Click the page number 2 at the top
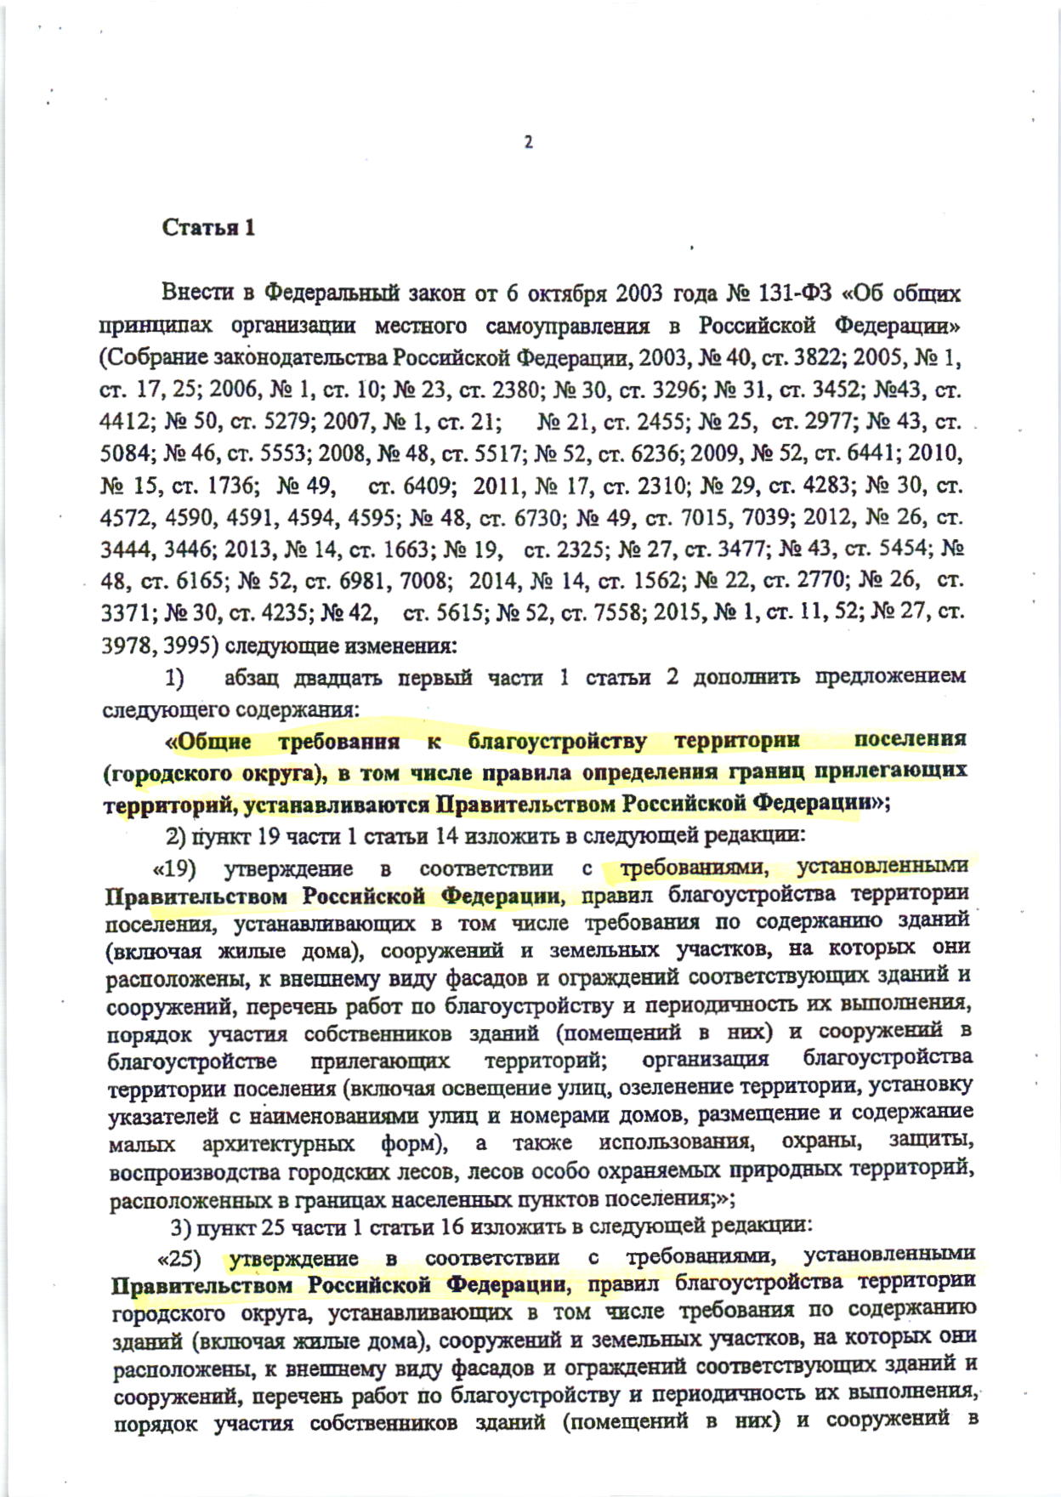528,143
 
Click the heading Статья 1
208,228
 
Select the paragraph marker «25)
181,1258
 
